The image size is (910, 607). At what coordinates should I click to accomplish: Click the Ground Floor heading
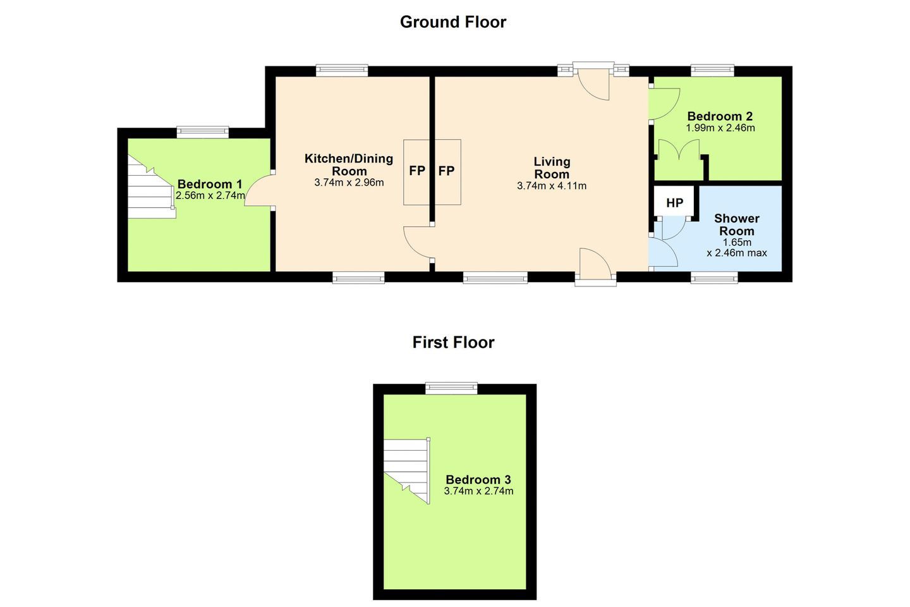[x=453, y=22]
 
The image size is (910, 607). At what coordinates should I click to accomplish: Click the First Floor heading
[x=453, y=342]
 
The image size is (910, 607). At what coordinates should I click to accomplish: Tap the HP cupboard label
[x=675, y=202]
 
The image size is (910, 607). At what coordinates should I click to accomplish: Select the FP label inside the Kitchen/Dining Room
[x=417, y=171]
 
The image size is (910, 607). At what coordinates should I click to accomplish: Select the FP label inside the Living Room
[x=446, y=171]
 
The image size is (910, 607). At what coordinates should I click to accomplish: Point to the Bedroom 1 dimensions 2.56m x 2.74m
[x=210, y=195]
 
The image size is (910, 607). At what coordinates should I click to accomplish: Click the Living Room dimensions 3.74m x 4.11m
[x=552, y=186]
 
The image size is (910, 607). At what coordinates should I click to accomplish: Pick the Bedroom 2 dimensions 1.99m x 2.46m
[x=720, y=128]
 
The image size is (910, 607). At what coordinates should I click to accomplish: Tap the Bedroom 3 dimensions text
[x=478, y=491]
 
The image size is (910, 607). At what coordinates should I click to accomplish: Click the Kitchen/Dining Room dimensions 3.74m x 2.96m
[x=349, y=183]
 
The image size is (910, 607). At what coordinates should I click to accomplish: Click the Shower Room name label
[x=737, y=224]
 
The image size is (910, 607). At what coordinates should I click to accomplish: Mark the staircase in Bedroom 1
[x=152, y=187]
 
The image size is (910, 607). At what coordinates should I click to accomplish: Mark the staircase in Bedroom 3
[x=407, y=471]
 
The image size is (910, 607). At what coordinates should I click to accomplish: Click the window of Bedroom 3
[x=451, y=388]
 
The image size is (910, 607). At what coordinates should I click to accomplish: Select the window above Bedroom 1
[x=203, y=132]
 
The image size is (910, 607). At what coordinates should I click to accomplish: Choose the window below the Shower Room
[x=715, y=278]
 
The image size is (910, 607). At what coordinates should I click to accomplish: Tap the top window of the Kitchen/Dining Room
[x=342, y=70]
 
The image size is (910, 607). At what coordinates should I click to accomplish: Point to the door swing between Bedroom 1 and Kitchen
[x=258, y=191]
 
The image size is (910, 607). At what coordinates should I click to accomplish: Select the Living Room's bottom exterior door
[x=595, y=267]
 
